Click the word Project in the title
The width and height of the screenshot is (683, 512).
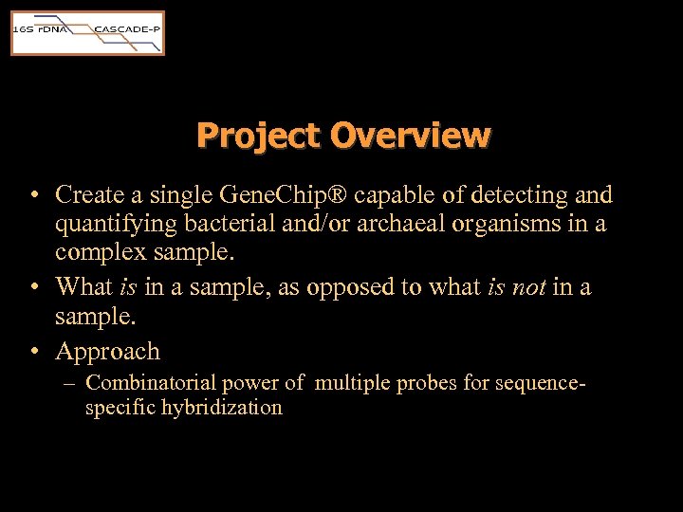tap(259, 136)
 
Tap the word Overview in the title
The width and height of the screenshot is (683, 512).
tap(411, 136)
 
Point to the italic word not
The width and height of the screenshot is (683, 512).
tap(528, 286)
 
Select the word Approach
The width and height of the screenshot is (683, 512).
tap(107, 351)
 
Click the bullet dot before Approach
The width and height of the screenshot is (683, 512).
tap(34, 352)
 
